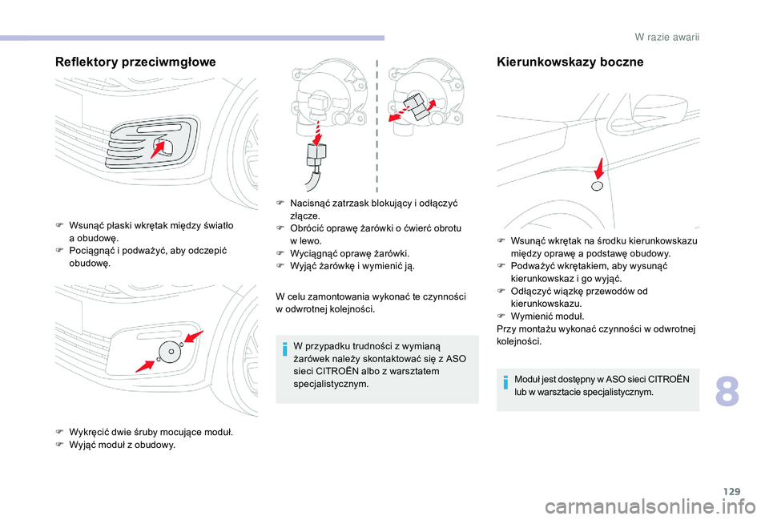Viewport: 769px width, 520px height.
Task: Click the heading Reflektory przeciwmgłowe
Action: pyautogui.click(x=135, y=62)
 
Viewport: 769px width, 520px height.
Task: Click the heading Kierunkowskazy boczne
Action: pyautogui.click(x=570, y=62)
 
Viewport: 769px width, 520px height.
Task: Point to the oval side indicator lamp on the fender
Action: pyautogui.click(x=596, y=187)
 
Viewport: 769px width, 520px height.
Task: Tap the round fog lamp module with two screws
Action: pyautogui.click(x=169, y=351)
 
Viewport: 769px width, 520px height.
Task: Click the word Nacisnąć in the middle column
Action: pyautogui.click(x=308, y=204)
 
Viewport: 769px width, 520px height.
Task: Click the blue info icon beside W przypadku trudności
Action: pyautogui.click(x=284, y=347)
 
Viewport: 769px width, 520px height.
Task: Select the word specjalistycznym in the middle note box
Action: pyautogui.click(x=332, y=384)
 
